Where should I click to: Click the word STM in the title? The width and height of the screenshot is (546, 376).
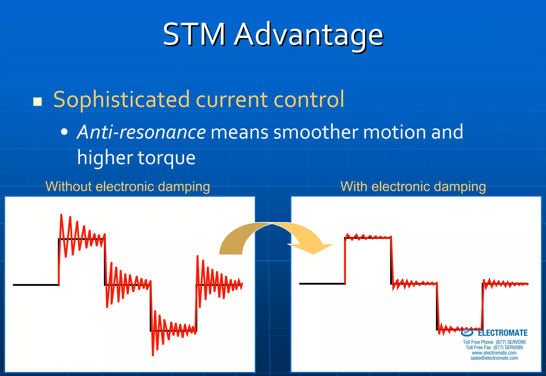[194, 35]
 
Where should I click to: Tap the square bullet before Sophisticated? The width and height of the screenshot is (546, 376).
[38, 102]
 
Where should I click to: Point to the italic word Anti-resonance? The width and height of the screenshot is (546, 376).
[141, 132]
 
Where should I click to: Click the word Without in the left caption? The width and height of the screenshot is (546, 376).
[69, 186]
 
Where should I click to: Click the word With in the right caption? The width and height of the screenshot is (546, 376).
[354, 186]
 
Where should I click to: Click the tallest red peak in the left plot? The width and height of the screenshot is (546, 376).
[61, 215]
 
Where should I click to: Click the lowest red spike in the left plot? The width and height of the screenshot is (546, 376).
[153, 354]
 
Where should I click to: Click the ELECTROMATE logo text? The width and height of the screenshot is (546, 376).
[502, 333]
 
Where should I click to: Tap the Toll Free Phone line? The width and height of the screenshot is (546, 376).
[494, 342]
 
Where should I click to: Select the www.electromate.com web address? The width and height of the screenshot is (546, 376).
[494, 353]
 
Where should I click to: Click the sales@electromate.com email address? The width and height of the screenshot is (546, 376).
[494, 358]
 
